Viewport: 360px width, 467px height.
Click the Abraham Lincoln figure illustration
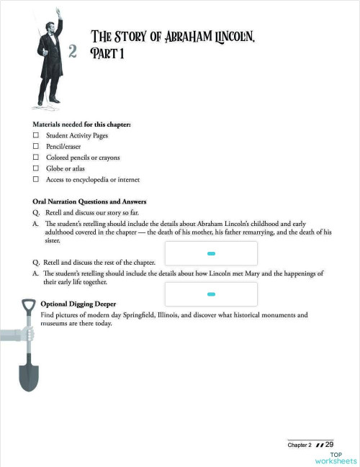coord(50,61)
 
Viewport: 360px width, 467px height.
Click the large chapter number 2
coord(72,51)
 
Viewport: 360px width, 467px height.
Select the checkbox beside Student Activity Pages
coord(35,135)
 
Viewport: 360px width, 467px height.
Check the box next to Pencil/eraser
coord(35,146)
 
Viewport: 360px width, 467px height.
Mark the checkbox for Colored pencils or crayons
coord(35,157)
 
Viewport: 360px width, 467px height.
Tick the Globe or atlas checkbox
coord(35,168)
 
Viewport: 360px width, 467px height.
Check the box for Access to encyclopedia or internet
coord(35,179)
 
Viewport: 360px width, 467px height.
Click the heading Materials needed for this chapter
coord(81,124)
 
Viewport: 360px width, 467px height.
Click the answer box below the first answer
coord(211,253)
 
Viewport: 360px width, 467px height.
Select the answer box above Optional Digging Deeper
coord(211,294)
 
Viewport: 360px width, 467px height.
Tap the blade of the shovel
coord(29,373)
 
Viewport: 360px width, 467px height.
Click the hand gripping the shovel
coord(27,334)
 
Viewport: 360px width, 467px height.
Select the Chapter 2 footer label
coord(300,445)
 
